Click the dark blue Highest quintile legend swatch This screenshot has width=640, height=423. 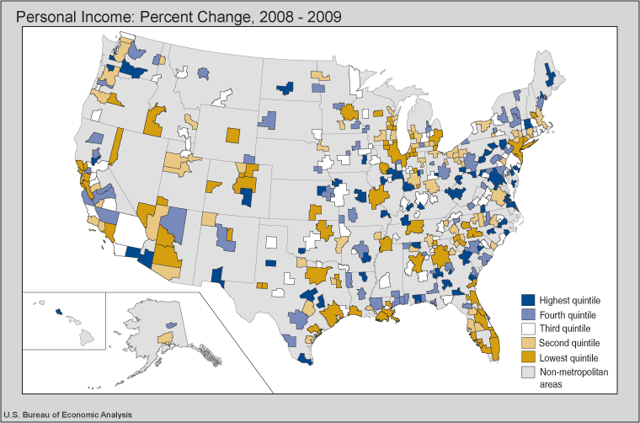[x=528, y=300]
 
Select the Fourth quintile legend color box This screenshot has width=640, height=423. [x=528, y=314]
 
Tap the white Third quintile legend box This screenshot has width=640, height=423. [x=528, y=329]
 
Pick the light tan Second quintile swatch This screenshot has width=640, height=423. [x=528, y=343]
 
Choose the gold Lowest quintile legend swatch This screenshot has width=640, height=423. [x=528, y=357]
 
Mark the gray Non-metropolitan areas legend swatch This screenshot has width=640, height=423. [x=528, y=372]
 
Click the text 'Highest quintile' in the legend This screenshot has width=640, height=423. [x=570, y=300]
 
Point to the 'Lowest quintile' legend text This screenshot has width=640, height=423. [x=569, y=357]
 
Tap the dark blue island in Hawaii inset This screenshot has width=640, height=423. [x=58, y=312]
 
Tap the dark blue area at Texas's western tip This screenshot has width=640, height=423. [x=216, y=276]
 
